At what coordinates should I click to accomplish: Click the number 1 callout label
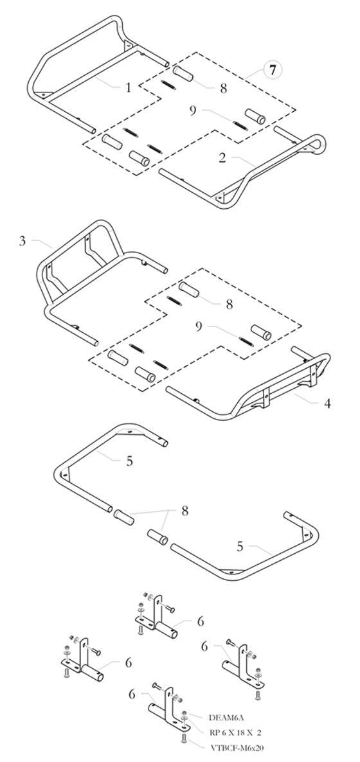coord(128,87)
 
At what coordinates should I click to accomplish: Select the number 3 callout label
coord(22,241)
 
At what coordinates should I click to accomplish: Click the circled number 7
coord(273,71)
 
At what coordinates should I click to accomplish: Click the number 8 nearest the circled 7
coord(223,89)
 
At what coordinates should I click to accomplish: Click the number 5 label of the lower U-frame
coord(240,547)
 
